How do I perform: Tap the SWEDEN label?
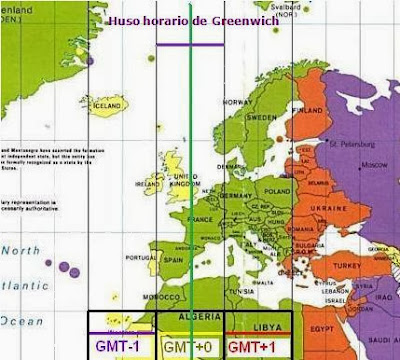tap(262, 117)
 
